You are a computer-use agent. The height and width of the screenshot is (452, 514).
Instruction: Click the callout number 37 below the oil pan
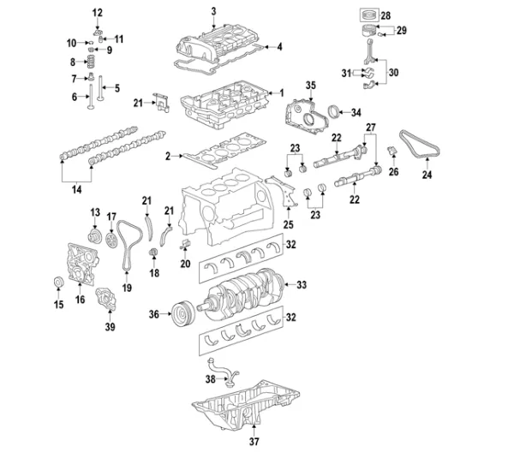[254, 441]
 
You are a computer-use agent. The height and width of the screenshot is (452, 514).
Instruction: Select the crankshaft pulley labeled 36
[183, 314]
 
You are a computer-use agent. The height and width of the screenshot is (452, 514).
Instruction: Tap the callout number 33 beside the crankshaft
[302, 284]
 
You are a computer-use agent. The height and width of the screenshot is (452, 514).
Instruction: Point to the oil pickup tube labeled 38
[223, 371]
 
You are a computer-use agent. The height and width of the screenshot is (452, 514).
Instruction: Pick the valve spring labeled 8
[92, 62]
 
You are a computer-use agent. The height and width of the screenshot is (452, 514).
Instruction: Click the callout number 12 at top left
[98, 13]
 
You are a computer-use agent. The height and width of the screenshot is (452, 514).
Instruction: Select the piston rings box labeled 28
[370, 15]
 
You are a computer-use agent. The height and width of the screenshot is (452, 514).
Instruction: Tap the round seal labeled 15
[58, 282]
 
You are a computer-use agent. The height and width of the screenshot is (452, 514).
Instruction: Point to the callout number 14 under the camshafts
[76, 190]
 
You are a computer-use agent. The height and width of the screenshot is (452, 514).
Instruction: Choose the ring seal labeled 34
[333, 110]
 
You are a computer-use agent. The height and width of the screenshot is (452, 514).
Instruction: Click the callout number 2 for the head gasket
[168, 157]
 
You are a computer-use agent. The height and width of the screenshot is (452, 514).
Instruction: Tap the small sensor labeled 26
[392, 152]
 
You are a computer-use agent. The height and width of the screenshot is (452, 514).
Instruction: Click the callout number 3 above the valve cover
[213, 12]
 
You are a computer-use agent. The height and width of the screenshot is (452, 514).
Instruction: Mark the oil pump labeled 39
[105, 299]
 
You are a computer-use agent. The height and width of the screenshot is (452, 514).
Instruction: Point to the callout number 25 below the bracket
[289, 224]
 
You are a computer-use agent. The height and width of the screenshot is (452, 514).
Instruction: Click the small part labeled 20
[186, 244]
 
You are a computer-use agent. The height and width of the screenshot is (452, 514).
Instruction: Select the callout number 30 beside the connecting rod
[394, 73]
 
